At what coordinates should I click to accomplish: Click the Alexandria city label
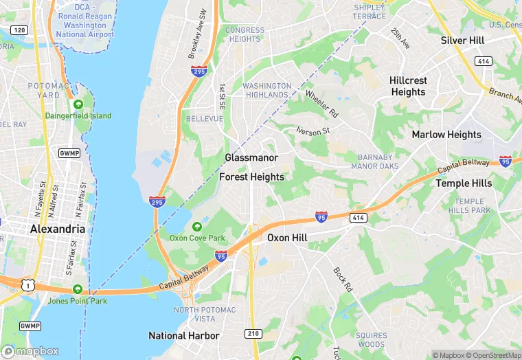pos(58,229)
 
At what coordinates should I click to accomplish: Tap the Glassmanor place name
pos(251,158)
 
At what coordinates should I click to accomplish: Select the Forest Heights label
pos(251,177)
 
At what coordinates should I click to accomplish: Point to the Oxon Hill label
pos(287,238)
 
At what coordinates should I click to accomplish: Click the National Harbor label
pos(184,336)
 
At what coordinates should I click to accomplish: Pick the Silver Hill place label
pos(462,41)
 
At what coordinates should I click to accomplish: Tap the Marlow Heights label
pos(446,135)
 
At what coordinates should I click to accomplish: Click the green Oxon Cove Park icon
pos(198,226)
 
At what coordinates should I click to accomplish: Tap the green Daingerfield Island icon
pos(78,104)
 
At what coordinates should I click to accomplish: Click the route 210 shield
pos(253,333)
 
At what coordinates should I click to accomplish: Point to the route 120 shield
pos(20,30)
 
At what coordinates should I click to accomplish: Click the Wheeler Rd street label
pos(322,103)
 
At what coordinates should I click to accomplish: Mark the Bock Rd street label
pos(343,280)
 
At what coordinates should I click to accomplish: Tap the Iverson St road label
pos(313,131)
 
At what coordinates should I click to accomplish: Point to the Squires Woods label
pos(372,339)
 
